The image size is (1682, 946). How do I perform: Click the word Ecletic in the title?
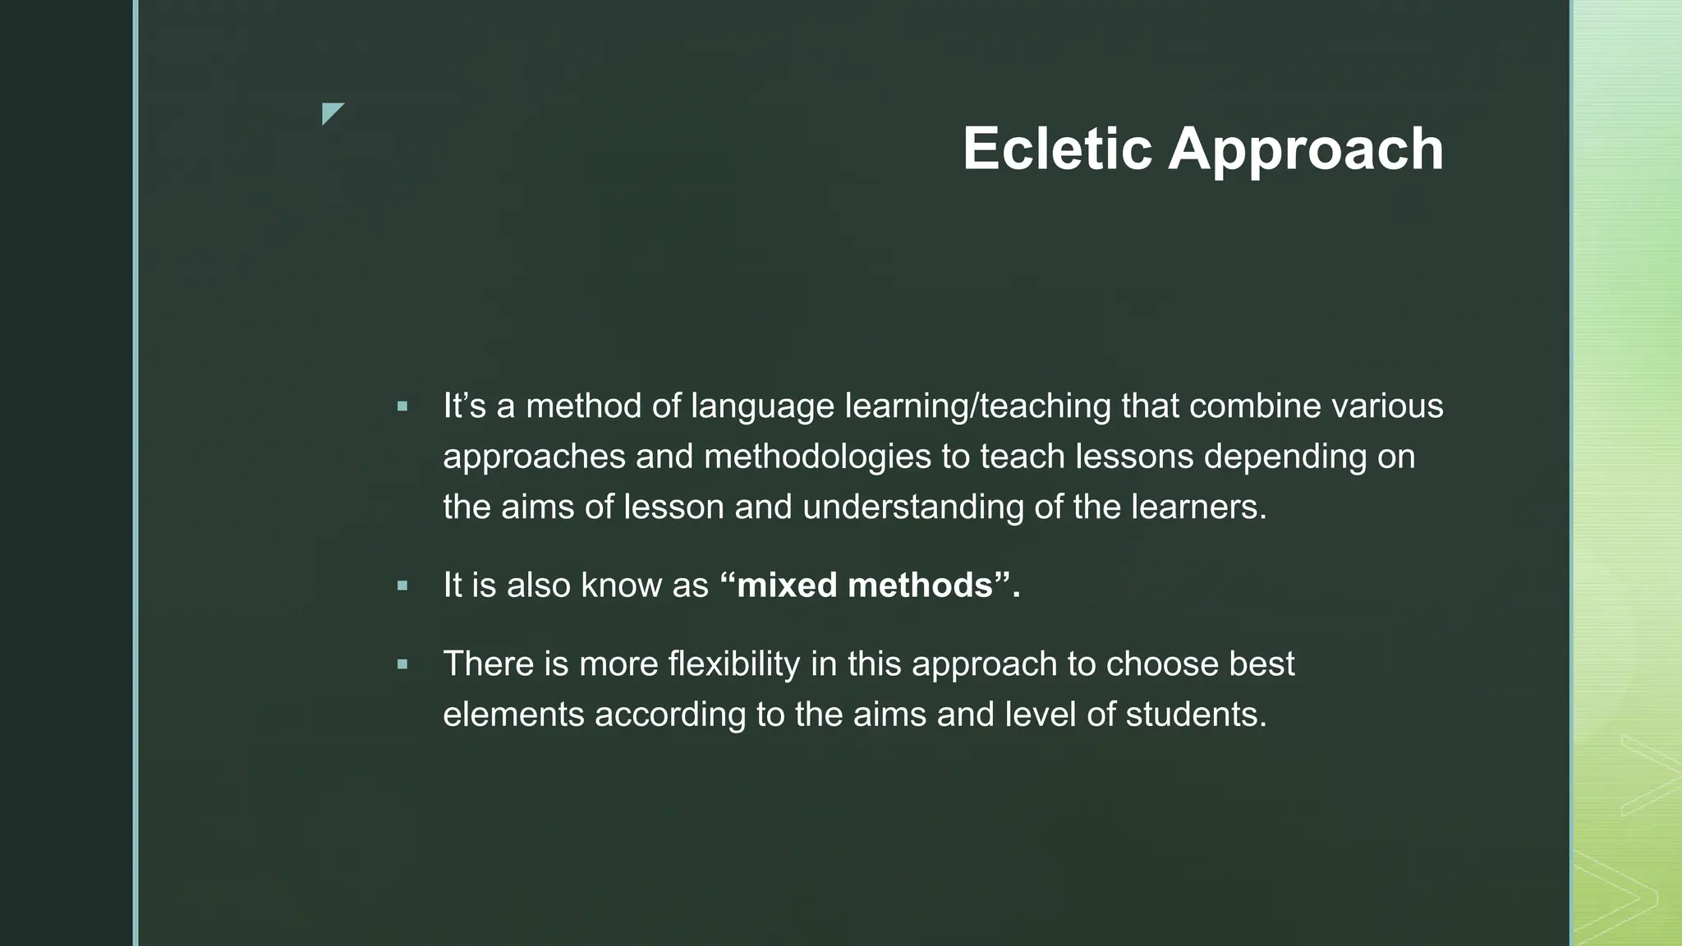pos(1057,149)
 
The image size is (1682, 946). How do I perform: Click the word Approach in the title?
pos(1305,150)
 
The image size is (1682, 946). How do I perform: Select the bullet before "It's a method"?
pos(402,406)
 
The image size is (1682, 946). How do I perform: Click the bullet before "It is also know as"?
pos(402,586)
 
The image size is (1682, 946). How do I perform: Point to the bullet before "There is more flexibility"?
pos(402,664)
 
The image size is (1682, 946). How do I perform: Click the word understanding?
pos(913,507)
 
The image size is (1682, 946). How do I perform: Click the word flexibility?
pos(734,664)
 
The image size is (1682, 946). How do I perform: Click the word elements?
pos(513,714)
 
